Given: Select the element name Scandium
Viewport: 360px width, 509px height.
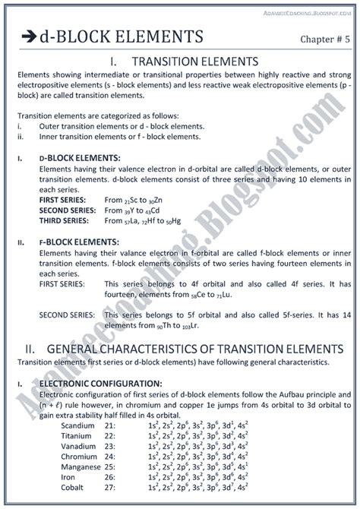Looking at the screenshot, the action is tap(77, 425).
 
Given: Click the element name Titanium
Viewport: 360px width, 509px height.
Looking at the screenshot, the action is tap(77, 436).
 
